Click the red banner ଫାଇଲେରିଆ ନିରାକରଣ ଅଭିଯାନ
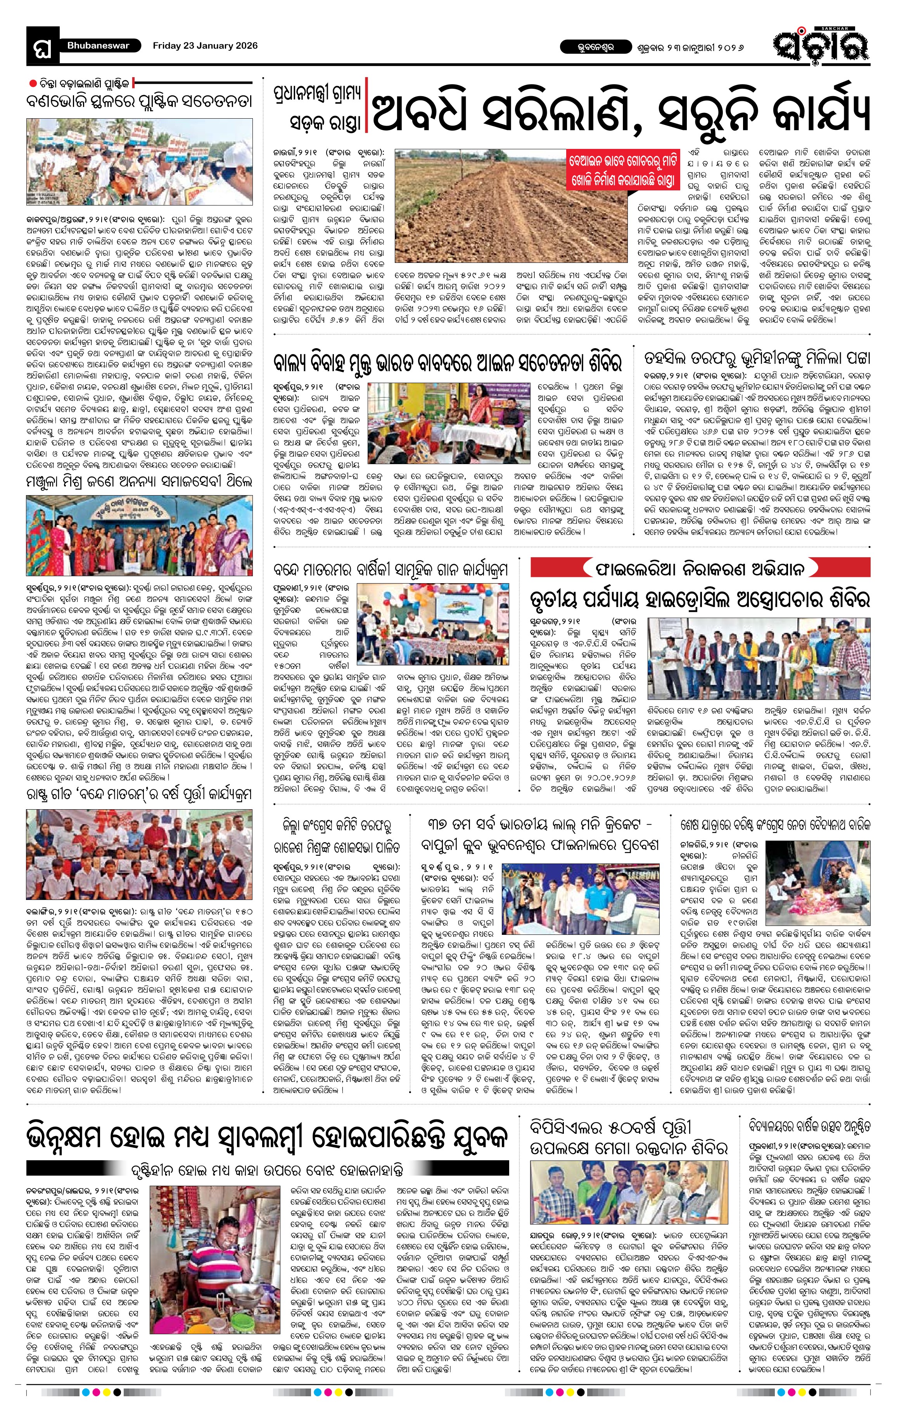[x=700, y=568]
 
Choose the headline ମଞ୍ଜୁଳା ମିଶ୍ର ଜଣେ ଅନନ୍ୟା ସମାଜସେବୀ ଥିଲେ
[x=139, y=483]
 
